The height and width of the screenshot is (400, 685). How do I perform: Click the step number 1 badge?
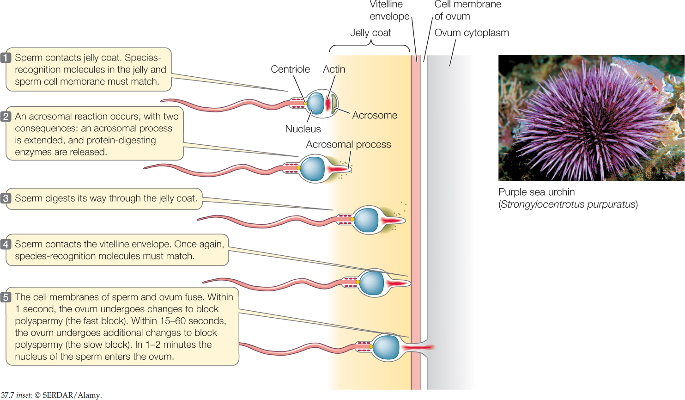[x=6, y=58]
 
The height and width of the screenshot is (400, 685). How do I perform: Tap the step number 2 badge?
[x=6, y=117]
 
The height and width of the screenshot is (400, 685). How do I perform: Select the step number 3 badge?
[x=6, y=198]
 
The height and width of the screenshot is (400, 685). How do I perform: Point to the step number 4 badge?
[x=6, y=244]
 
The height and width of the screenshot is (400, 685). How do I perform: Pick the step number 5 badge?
[x=6, y=297]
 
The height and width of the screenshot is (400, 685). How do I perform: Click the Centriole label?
[x=290, y=69]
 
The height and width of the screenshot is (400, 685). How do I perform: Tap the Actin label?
[x=334, y=69]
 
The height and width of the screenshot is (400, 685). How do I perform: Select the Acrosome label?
[x=375, y=115]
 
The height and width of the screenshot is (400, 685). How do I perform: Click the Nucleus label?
[x=303, y=129]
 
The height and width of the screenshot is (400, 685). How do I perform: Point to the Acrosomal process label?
[x=348, y=145]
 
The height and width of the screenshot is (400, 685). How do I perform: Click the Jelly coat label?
[x=370, y=33]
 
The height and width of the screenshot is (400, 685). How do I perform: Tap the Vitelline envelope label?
[x=389, y=11]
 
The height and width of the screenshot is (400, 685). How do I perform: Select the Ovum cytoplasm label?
[x=472, y=33]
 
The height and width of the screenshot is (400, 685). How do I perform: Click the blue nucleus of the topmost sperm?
[x=316, y=103]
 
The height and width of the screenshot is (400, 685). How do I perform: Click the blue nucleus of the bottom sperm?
[x=386, y=347]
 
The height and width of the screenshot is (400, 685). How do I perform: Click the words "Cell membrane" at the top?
[x=467, y=5]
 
